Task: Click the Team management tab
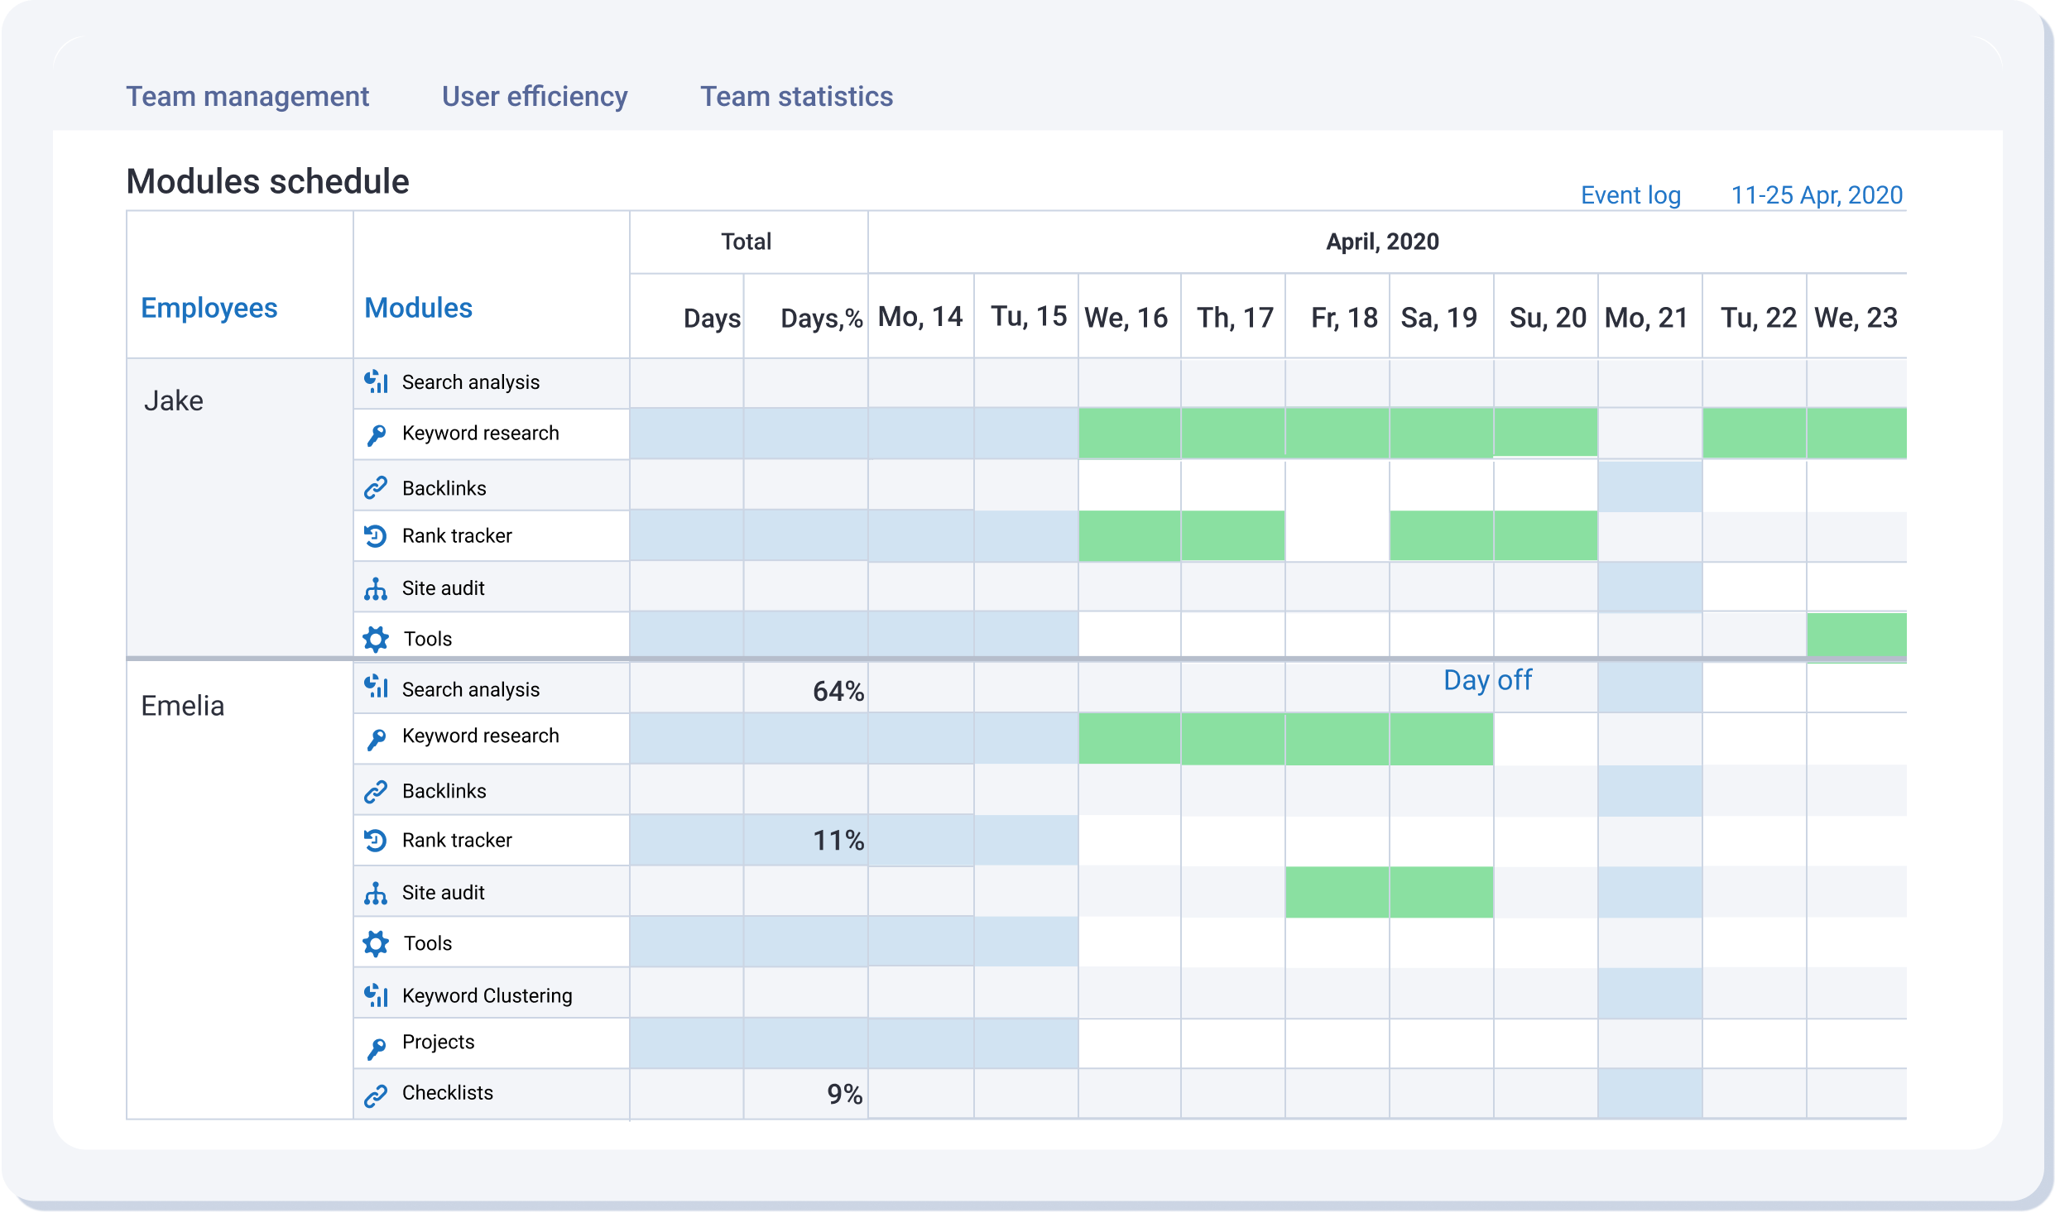[247, 97]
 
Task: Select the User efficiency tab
[534, 97]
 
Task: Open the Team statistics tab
[796, 97]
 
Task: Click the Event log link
[1630, 195]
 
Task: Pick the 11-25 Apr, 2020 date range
[1816, 195]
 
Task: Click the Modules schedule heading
[267, 182]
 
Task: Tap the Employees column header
[209, 308]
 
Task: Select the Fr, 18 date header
[1343, 318]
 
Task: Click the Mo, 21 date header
[1645, 318]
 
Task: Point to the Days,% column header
[820, 319]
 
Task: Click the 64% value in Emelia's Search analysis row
[838, 691]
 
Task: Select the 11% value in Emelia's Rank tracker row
[838, 841]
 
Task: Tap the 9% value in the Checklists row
[844, 1094]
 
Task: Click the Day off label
[1486, 680]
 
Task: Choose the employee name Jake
[174, 400]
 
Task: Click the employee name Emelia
[182, 706]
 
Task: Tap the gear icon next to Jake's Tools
[376, 639]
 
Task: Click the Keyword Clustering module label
[487, 995]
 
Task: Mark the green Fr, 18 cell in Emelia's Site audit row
[1337, 892]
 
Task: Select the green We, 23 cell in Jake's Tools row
[1856, 635]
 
